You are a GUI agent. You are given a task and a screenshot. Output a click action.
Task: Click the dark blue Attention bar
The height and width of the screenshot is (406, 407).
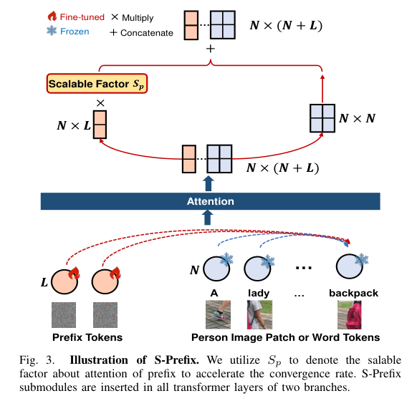coord(209,201)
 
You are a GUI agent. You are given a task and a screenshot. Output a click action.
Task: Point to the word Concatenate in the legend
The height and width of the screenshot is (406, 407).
coord(148,32)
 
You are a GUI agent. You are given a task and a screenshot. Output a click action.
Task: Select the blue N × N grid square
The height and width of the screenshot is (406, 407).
coord(321,118)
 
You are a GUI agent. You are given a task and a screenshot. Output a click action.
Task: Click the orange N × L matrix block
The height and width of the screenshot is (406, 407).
coord(100,125)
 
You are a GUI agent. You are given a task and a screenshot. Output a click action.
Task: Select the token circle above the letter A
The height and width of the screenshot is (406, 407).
coord(215,271)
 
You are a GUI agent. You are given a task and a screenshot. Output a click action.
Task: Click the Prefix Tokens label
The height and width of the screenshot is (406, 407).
coord(87,337)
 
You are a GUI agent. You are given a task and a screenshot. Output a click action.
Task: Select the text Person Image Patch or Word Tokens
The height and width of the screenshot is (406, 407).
coord(285,337)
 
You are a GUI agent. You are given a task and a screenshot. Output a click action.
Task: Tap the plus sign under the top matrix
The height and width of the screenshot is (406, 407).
coord(210,49)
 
